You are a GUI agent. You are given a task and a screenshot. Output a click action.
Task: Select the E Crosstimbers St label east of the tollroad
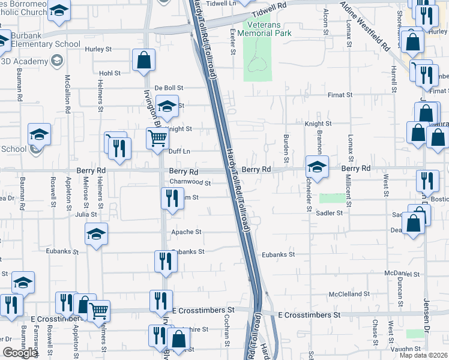point(310,314)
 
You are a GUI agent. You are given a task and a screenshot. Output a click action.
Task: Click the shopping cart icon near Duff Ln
point(158,139)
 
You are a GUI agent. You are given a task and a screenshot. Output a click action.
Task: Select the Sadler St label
point(330,212)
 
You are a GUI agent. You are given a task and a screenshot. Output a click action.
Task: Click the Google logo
point(20,353)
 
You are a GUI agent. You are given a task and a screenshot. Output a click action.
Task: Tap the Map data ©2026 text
point(424,355)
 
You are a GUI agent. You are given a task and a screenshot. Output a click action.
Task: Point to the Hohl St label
point(110,73)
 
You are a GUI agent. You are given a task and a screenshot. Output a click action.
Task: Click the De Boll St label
point(167,88)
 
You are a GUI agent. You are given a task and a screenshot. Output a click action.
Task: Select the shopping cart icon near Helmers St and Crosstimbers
point(99,311)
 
